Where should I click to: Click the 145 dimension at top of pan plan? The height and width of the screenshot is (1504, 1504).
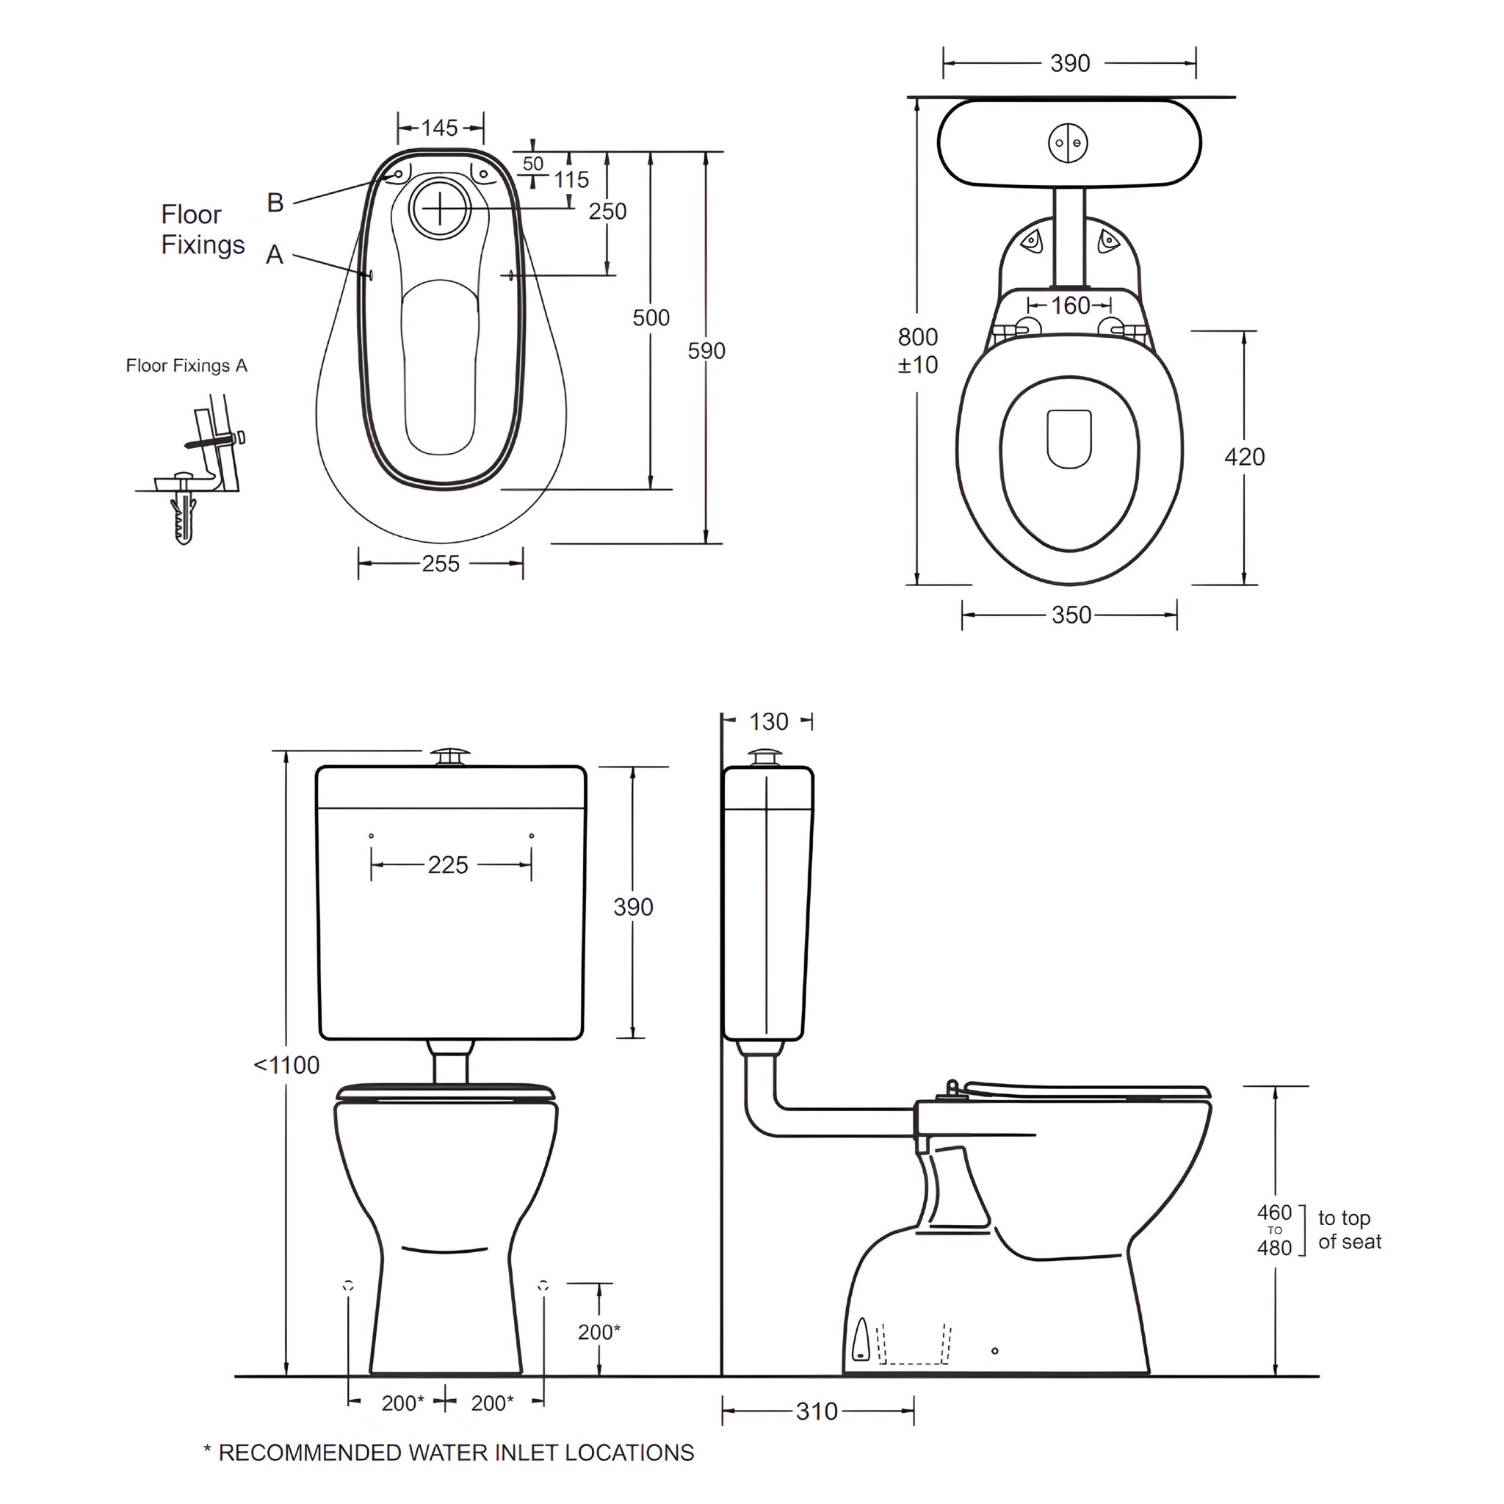click(440, 128)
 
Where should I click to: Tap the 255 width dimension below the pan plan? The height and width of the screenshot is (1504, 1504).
click(441, 563)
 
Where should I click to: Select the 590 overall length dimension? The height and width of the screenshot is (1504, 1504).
click(706, 351)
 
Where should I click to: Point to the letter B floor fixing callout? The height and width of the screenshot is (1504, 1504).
click(275, 203)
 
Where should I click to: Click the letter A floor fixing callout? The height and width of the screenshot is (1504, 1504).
click(274, 255)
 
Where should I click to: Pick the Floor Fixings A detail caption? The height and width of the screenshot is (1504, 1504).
click(187, 366)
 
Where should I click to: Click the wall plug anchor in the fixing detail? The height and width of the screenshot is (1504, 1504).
click(184, 516)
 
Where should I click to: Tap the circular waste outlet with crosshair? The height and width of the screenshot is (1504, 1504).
click(441, 209)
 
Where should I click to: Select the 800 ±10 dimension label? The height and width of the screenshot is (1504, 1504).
click(918, 350)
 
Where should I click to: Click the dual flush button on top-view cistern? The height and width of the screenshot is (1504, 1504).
click(1068, 143)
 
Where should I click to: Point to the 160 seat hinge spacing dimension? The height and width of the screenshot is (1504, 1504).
click(1071, 306)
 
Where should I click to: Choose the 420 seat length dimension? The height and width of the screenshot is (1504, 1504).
click(1244, 457)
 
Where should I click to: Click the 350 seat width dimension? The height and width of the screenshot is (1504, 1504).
click(1071, 615)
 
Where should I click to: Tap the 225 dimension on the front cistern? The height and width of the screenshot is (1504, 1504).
click(448, 865)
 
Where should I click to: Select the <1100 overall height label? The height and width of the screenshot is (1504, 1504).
click(286, 1065)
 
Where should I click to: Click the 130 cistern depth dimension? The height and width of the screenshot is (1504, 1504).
click(768, 722)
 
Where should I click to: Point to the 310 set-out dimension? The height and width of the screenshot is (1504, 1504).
click(817, 1411)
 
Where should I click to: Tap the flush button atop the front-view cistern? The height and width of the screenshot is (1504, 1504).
click(451, 756)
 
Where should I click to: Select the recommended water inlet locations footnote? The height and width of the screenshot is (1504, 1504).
click(449, 1453)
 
